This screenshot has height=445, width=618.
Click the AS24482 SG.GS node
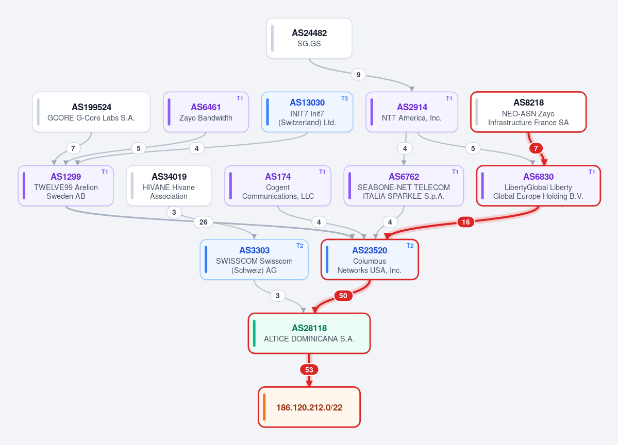click(309, 38)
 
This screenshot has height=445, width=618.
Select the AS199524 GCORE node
click(91, 112)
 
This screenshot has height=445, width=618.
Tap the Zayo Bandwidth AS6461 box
click(206, 112)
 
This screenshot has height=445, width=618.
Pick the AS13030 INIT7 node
click(307, 112)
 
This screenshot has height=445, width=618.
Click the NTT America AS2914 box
click(412, 112)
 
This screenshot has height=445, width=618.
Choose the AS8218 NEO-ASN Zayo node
click(528, 112)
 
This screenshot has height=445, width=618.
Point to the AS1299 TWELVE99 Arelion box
click(66, 185)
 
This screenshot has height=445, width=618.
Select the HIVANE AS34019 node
click(169, 185)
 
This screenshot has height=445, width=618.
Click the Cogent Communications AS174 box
click(278, 185)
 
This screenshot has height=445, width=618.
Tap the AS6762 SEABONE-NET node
click(404, 185)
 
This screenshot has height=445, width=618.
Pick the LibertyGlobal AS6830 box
click(539, 185)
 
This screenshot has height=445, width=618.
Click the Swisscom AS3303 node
click(254, 260)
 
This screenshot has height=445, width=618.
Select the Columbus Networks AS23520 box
click(370, 260)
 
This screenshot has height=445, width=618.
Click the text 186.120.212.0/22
click(309, 407)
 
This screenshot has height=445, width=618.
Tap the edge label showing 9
click(358, 75)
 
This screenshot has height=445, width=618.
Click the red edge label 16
click(466, 222)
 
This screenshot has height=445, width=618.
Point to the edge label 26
click(204, 222)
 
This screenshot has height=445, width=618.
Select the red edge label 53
click(309, 370)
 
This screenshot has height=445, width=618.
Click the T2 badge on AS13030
click(344, 98)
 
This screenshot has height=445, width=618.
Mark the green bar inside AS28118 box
click(254, 333)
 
